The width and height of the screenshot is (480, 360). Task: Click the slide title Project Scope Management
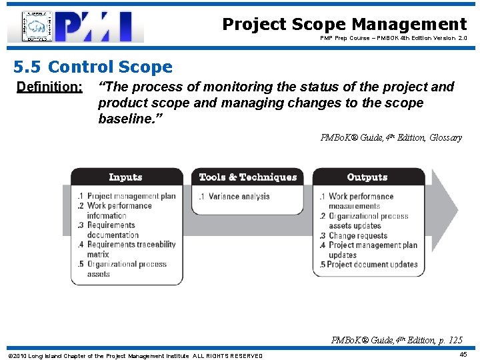click(x=344, y=25)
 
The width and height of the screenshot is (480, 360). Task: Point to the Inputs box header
click(x=125, y=177)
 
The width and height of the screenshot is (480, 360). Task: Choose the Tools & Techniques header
click(x=247, y=177)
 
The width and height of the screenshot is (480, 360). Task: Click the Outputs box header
click(x=367, y=177)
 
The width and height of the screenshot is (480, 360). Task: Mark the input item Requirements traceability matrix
click(x=127, y=249)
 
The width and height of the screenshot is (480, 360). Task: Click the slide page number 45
click(x=463, y=355)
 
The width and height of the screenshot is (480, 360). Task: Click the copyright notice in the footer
click(x=134, y=355)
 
